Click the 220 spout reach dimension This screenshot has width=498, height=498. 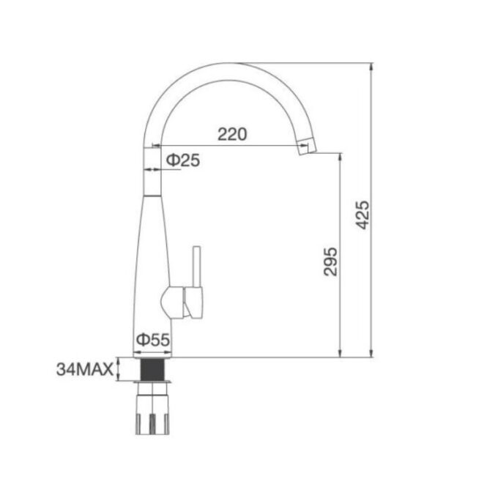point(232,134)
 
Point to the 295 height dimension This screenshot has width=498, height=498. point(330,259)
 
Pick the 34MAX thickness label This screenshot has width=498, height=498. point(83,370)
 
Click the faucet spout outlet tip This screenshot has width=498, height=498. point(305,148)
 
